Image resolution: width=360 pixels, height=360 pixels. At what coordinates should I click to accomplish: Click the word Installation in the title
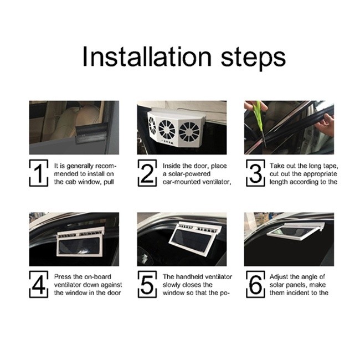click(x=147, y=56)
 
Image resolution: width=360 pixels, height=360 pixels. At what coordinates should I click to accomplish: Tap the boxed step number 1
click(x=39, y=173)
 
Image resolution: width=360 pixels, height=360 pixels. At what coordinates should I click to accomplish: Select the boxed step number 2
click(x=147, y=173)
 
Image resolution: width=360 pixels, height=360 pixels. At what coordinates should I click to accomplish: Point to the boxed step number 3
click(x=255, y=173)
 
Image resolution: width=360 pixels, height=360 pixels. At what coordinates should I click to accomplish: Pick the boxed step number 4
click(x=39, y=284)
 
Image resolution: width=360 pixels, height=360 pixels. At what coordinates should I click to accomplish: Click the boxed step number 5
click(x=147, y=284)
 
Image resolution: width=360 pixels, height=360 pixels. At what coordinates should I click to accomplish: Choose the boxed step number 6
click(x=255, y=284)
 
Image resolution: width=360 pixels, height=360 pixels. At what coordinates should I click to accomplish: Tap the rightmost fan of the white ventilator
click(x=189, y=132)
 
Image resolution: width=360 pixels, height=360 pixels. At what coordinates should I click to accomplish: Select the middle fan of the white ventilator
click(x=167, y=129)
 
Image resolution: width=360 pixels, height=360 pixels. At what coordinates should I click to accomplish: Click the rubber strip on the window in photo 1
click(x=91, y=133)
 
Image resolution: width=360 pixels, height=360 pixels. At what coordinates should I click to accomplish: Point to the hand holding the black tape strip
click(x=324, y=126)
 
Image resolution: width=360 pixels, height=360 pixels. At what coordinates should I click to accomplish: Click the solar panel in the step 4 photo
click(x=79, y=246)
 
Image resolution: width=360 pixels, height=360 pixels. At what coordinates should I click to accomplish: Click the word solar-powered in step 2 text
click(x=186, y=174)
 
